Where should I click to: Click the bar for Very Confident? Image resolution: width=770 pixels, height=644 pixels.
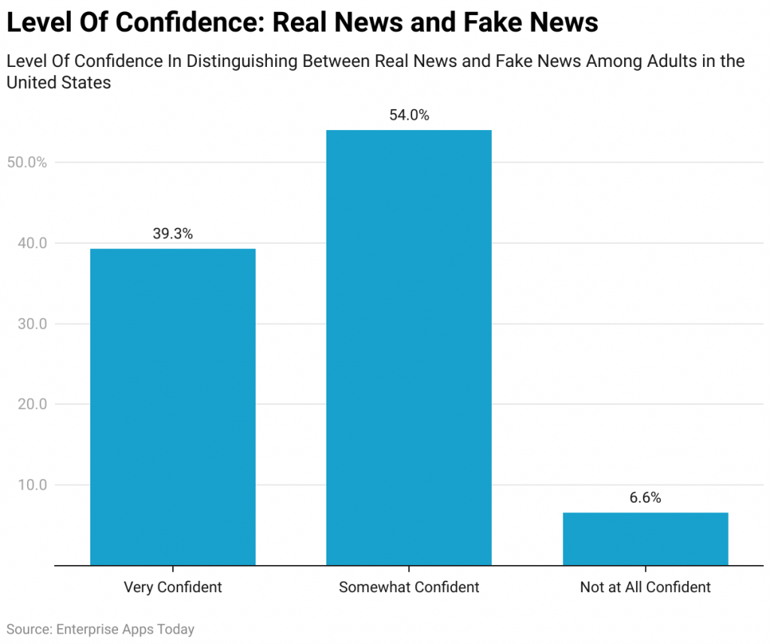(x=173, y=406)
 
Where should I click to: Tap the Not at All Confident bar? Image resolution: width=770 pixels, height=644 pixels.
(x=645, y=539)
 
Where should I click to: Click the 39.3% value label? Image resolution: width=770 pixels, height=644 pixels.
(x=173, y=234)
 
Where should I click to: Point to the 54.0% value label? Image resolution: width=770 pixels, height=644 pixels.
(x=408, y=115)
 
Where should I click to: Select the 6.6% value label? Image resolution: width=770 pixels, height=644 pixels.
(x=645, y=498)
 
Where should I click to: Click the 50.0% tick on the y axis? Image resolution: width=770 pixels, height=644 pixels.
(x=28, y=163)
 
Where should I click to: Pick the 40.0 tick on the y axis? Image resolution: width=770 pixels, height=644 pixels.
(x=31, y=243)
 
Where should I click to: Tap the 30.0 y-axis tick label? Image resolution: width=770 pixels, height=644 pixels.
(x=31, y=324)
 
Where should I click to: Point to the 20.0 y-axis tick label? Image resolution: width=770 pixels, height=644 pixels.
(x=31, y=404)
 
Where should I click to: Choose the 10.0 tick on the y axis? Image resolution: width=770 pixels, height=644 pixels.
(x=31, y=485)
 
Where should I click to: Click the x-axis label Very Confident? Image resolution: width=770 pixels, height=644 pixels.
(x=173, y=588)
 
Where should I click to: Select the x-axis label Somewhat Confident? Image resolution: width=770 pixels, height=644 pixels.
(x=408, y=588)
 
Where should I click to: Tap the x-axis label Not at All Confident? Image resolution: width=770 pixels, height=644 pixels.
(x=645, y=588)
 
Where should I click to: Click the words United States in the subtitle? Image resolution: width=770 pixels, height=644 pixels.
(x=59, y=83)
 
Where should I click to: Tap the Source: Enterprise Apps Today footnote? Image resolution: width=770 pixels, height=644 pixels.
(x=100, y=629)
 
